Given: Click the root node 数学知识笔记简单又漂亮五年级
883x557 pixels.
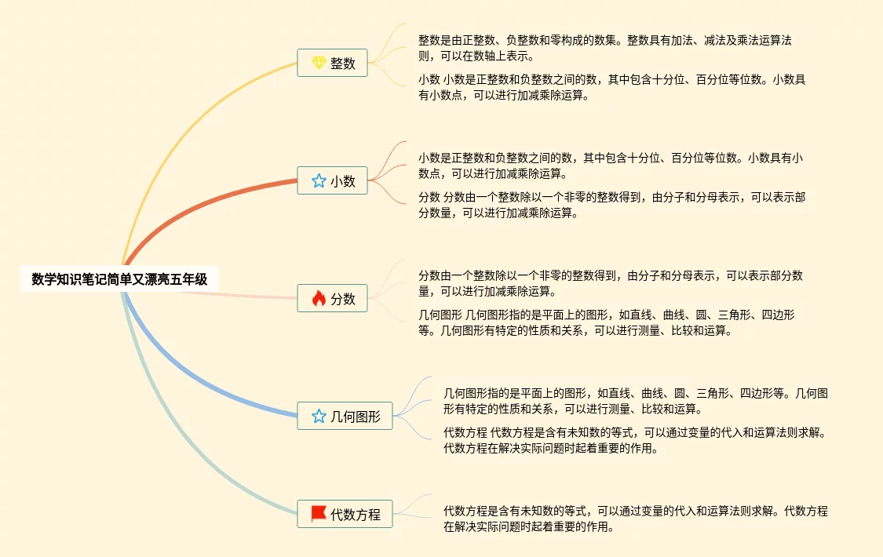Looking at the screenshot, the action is coord(119,278).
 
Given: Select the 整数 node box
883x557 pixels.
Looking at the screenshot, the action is coord(332,63).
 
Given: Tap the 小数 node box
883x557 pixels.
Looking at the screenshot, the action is coord(332,180).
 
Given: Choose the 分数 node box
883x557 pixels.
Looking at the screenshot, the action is coord(332,298).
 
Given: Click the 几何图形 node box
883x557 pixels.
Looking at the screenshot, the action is coord(345,416).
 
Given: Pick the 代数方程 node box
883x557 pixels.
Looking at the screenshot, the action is coord(345,515).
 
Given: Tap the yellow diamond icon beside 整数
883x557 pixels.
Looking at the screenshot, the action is coord(318,63).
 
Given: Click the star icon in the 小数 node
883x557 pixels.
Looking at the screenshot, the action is coord(318,180).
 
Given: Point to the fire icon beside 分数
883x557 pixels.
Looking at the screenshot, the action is coord(318,298).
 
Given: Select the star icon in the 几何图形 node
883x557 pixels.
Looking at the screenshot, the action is coord(318,416).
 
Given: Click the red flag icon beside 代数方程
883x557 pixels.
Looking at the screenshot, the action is coord(318,514).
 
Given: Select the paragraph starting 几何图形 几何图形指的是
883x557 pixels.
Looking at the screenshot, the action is coord(606,322).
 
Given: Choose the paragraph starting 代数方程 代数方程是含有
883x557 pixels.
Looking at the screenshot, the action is coord(634,440).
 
